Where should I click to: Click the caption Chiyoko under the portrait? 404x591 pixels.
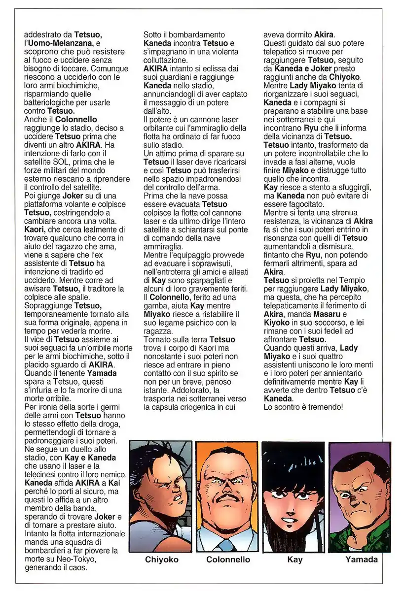pyautogui.click(x=162, y=559)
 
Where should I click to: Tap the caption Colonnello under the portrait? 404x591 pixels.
pyautogui.click(x=228, y=559)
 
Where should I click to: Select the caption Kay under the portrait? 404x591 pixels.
pyautogui.click(x=294, y=559)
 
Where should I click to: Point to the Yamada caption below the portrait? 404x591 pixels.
pyautogui.click(x=361, y=559)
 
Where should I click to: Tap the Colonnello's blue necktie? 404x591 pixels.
pyautogui.click(x=227, y=544)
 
